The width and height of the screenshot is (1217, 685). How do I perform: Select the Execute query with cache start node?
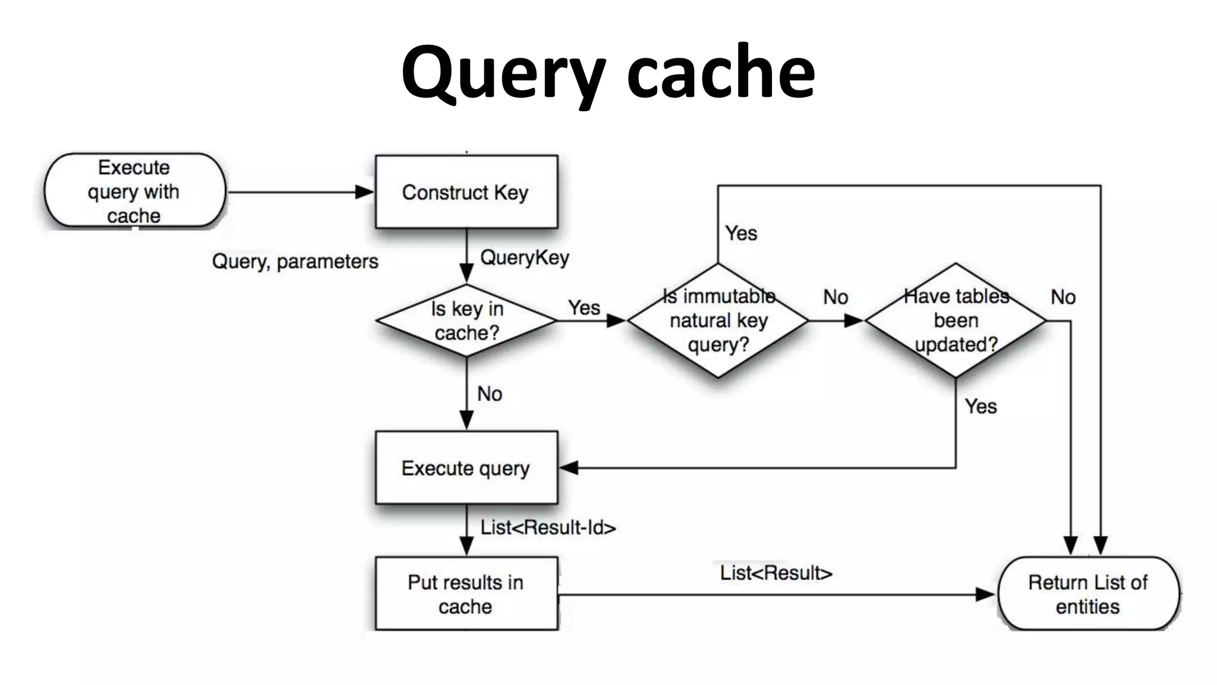point(135,191)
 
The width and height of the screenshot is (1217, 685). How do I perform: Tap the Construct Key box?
point(466,192)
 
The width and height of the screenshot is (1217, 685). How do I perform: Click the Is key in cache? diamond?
point(467,320)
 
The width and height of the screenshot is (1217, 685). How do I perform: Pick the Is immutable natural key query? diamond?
point(718,320)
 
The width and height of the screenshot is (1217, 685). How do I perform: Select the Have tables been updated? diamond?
point(956,320)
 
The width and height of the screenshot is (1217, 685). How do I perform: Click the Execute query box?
point(466,468)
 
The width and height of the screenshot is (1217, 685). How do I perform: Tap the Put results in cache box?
point(466,593)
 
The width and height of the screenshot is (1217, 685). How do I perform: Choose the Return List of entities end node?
point(1088,593)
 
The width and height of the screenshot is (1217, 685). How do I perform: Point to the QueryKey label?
point(525,257)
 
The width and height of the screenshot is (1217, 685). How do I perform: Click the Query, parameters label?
point(295,261)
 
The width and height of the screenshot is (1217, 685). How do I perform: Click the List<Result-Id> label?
point(548,527)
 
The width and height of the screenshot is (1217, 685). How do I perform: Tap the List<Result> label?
point(776,573)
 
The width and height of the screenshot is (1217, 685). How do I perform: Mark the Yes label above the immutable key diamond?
point(741,233)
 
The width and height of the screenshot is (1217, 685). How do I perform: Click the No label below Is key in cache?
point(490,394)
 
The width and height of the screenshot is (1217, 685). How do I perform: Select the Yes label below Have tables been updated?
point(980,407)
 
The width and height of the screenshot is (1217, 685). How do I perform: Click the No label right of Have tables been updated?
point(1063,297)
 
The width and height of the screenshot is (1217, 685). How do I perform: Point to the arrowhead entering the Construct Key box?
point(364,192)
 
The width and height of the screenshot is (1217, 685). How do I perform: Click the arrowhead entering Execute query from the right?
point(569,468)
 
